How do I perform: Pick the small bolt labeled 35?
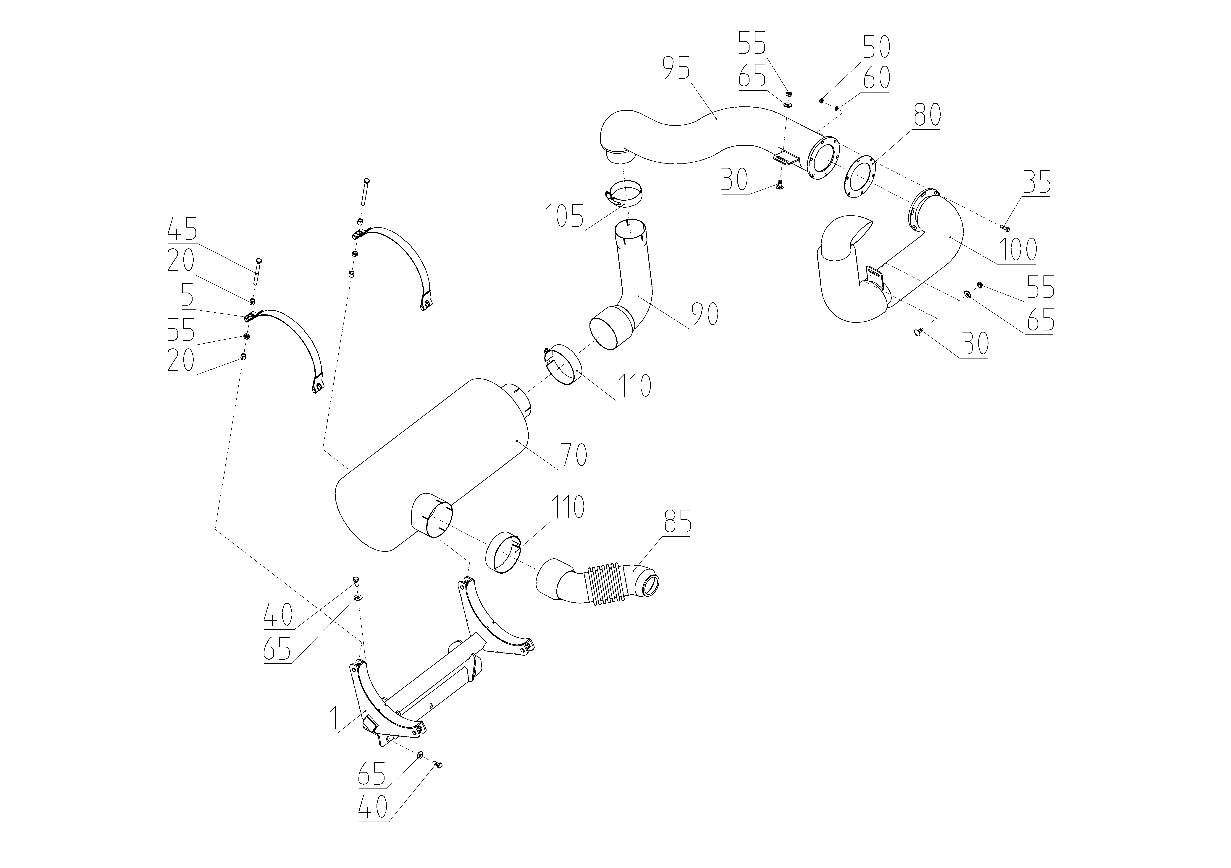click(1005, 228)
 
